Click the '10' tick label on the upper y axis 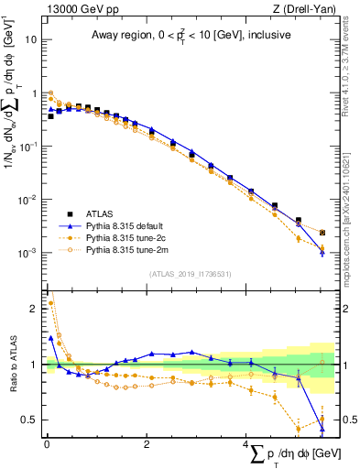point(31,40)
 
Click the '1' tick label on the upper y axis point(34,93)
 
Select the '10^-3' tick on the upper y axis point(28,253)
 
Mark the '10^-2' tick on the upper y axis point(28,200)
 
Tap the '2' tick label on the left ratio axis point(35,309)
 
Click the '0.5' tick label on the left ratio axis point(30,420)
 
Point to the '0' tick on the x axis point(47,444)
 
